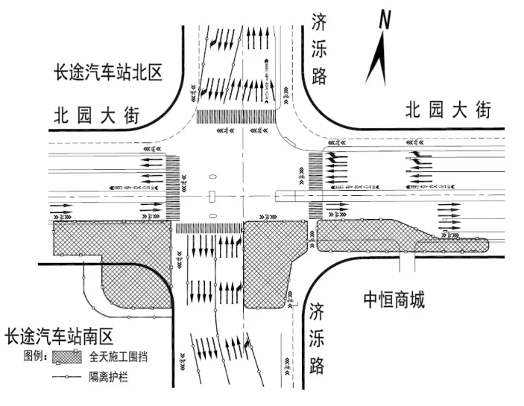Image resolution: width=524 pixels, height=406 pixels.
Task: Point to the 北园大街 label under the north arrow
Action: (x=448, y=110)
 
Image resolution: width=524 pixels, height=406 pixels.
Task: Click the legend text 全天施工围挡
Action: (x=118, y=357)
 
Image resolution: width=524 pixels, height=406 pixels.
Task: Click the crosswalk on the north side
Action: (x=236, y=116)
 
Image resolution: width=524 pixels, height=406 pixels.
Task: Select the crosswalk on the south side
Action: (x=209, y=228)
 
